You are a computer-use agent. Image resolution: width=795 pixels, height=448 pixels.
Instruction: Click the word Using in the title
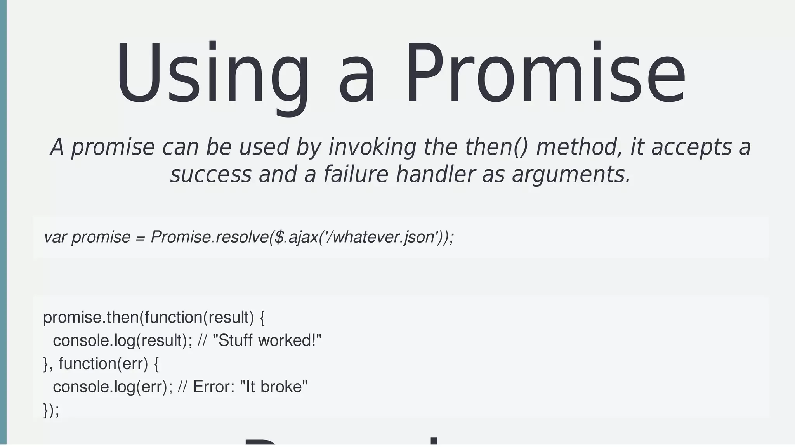tap(212, 74)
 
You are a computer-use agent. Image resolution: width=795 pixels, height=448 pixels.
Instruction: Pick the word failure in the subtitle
tap(355, 174)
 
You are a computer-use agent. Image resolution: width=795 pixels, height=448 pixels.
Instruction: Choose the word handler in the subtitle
tap(435, 174)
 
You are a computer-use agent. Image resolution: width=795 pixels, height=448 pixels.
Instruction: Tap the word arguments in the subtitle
tap(571, 174)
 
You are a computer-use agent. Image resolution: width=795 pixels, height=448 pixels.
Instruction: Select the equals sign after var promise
tap(140, 238)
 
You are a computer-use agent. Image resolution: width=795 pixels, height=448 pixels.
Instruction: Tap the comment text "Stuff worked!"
tap(267, 340)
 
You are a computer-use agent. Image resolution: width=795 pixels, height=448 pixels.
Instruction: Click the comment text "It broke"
tap(274, 387)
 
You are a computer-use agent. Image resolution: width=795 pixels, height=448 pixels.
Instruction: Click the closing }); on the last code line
tap(51, 410)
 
